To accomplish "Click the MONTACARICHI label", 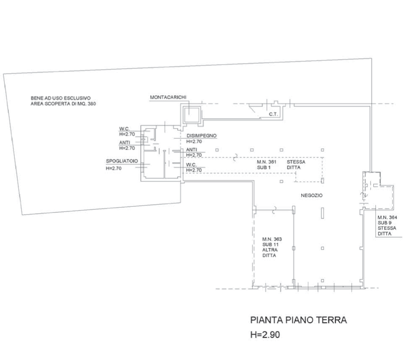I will click(x=168, y=97).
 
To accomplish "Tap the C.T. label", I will click(x=274, y=112).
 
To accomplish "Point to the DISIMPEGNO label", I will click(x=202, y=135).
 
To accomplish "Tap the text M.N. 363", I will click(x=271, y=239).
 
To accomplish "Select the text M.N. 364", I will click(x=385, y=217).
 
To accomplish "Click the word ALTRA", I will click(x=269, y=250).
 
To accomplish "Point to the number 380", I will click(x=91, y=104).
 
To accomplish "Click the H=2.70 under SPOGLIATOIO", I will click(x=113, y=169).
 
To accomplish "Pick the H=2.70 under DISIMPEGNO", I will click(x=194, y=141).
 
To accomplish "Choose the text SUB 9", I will click(x=385, y=223).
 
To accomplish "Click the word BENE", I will click(x=37, y=98).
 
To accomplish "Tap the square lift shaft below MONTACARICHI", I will click(x=192, y=112).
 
